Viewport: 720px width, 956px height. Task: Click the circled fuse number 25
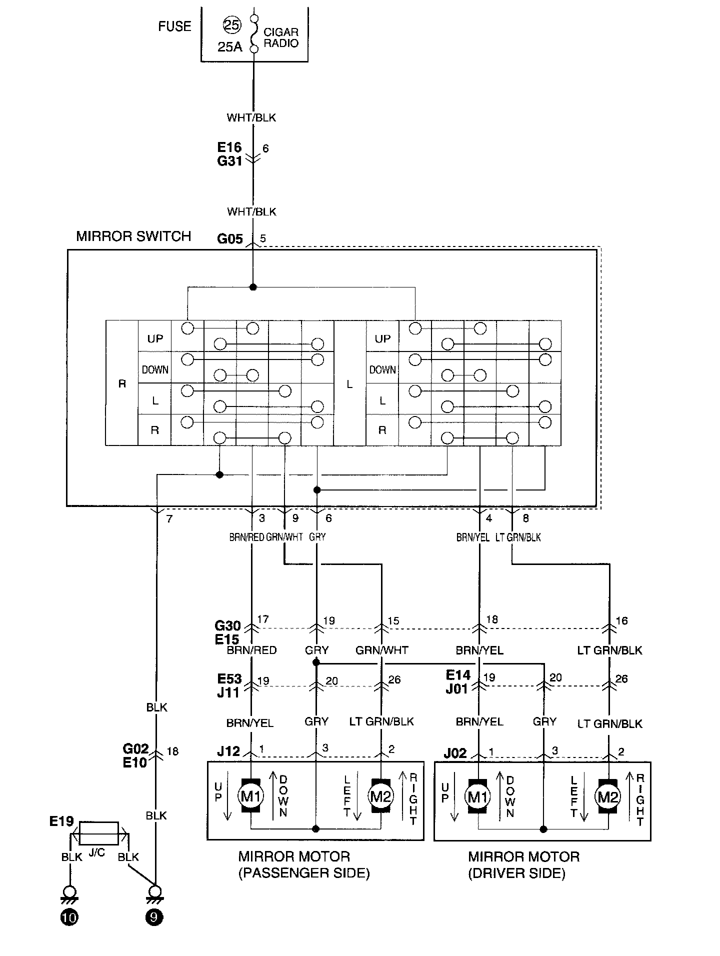click(x=231, y=25)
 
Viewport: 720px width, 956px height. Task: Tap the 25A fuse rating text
click(x=230, y=47)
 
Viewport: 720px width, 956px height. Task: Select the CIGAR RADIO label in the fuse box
click(x=281, y=37)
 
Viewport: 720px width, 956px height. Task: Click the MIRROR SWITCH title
click(x=133, y=236)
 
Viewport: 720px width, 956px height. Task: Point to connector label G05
click(x=229, y=238)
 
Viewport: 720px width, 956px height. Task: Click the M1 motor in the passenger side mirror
click(x=250, y=796)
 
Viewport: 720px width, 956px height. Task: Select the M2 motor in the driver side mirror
click(x=608, y=796)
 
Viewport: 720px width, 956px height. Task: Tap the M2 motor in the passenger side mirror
click(x=380, y=796)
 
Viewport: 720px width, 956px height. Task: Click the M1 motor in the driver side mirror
click(x=477, y=796)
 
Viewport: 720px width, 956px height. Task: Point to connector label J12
click(x=228, y=751)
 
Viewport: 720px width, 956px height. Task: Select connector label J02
click(x=454, y=753)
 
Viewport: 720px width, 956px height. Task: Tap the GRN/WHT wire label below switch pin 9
click(x=284, y=537)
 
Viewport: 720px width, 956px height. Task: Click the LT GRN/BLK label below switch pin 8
click(x=518, y=537)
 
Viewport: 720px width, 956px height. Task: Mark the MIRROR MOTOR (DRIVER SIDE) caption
click(x=523, y=864)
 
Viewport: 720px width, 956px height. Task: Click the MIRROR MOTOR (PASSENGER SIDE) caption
click(x=304, y=864)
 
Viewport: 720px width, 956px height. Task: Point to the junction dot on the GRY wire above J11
click(x=315, y=663)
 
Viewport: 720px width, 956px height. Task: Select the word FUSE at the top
click(x=174, y=26)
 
